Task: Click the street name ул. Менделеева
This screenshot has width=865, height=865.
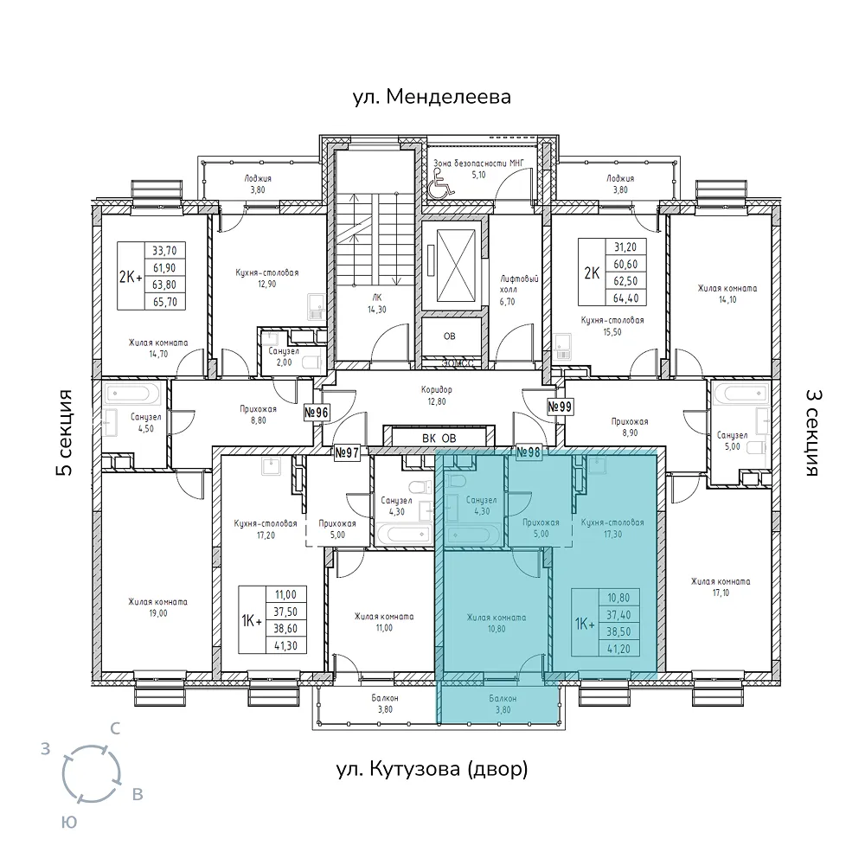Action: [432, 97]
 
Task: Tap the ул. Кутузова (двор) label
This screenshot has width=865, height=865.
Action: [432, 768]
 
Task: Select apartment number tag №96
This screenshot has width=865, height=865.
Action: [317, 412]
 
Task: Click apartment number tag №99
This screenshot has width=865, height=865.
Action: [560, 407]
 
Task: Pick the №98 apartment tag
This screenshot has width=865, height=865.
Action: [529, 452]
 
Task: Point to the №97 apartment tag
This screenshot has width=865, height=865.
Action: [347, 453]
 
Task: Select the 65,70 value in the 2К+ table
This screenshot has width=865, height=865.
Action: [164, 302]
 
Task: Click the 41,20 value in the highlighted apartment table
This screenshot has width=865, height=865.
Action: [619, 649]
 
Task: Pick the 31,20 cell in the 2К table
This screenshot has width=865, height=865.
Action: [625, 247]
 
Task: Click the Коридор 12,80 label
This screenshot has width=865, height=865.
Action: [436, 395]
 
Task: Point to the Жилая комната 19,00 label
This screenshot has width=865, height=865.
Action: [157, 607]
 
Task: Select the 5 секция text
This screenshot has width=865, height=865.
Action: [65, 432]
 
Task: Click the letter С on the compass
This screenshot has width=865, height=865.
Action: [115, 728]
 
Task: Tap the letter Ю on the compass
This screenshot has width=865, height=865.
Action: [68, 823]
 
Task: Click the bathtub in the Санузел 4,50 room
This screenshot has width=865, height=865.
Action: [133, 394]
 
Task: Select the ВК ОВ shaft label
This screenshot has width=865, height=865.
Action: [439, 439]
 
